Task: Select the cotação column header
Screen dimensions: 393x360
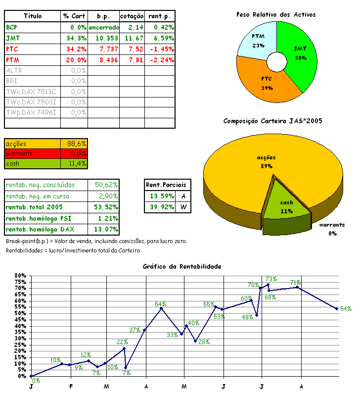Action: (132, 16)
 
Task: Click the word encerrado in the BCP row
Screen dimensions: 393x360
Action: (104, 27)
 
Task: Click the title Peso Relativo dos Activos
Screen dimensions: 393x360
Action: (276, 14)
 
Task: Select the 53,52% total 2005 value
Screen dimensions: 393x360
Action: (106, 207)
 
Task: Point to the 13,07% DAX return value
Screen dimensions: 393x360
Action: (106, 229)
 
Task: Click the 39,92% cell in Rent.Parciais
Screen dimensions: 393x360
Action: (160, 207)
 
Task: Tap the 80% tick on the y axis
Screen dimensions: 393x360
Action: (20, 275)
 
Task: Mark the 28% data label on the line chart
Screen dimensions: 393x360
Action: (204, 342)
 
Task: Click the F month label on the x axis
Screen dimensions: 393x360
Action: (71, 386)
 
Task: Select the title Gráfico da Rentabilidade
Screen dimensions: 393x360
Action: (182, 266)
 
